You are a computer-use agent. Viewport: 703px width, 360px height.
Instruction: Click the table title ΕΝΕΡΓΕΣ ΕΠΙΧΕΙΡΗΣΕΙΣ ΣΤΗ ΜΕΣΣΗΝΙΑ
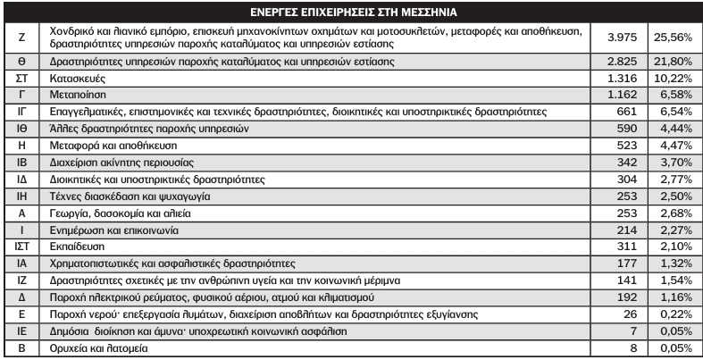(x=351, y=13)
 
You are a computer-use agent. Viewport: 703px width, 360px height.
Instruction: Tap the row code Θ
(x=21, y=63)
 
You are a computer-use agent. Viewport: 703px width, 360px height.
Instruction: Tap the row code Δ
(x=21, y=295)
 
